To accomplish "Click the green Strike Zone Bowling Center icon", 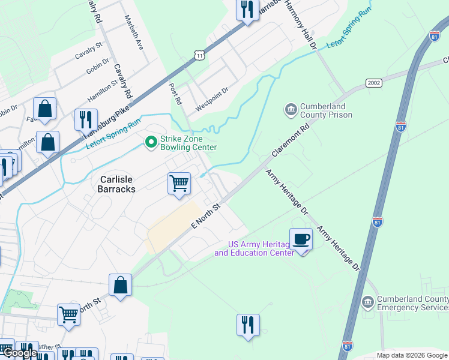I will pyautogui.click(x=151, y=142).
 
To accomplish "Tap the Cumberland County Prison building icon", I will pyautogui.click(x=291, y=110).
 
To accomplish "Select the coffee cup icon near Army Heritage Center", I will pyautogui.click(x=301, y=239).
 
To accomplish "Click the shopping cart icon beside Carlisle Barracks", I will pyautogui.click(x=179, y=184).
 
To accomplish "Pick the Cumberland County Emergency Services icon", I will pyautogui.click(x=368, y=302).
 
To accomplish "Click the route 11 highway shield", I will pyautogui.click(x=199, y=55).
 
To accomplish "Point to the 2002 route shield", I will pyautogui.click(x=373, y=82).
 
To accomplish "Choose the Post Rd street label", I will pyautogui.click(x=176, y=94).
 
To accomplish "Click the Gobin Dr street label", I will pyautogui.click(x=97, y=66).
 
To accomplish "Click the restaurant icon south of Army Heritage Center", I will pyautogui.click(x=248, y=325).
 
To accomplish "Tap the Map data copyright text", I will pyautogui.click(x=411, y=355).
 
